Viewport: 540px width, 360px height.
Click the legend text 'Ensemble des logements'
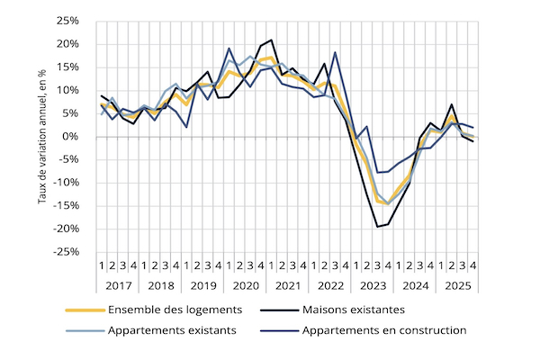(175, 310)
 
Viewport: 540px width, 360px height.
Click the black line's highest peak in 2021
(271, 40)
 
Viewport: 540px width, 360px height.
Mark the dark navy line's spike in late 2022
(335, 52)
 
